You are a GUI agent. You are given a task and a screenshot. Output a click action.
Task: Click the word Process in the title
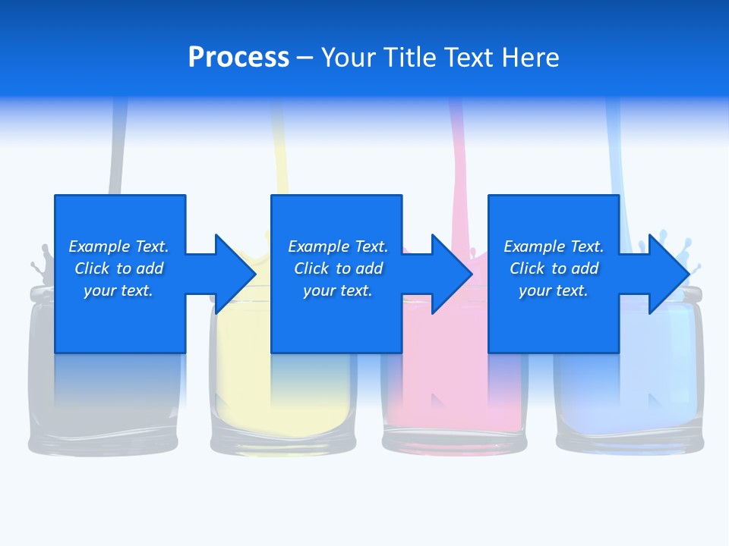238,58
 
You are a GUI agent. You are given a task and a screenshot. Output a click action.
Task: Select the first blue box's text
118,268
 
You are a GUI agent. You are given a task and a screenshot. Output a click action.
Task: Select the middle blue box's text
338,268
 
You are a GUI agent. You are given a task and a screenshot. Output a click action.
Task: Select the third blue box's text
554,268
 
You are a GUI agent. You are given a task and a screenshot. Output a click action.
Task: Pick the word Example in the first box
99,246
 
